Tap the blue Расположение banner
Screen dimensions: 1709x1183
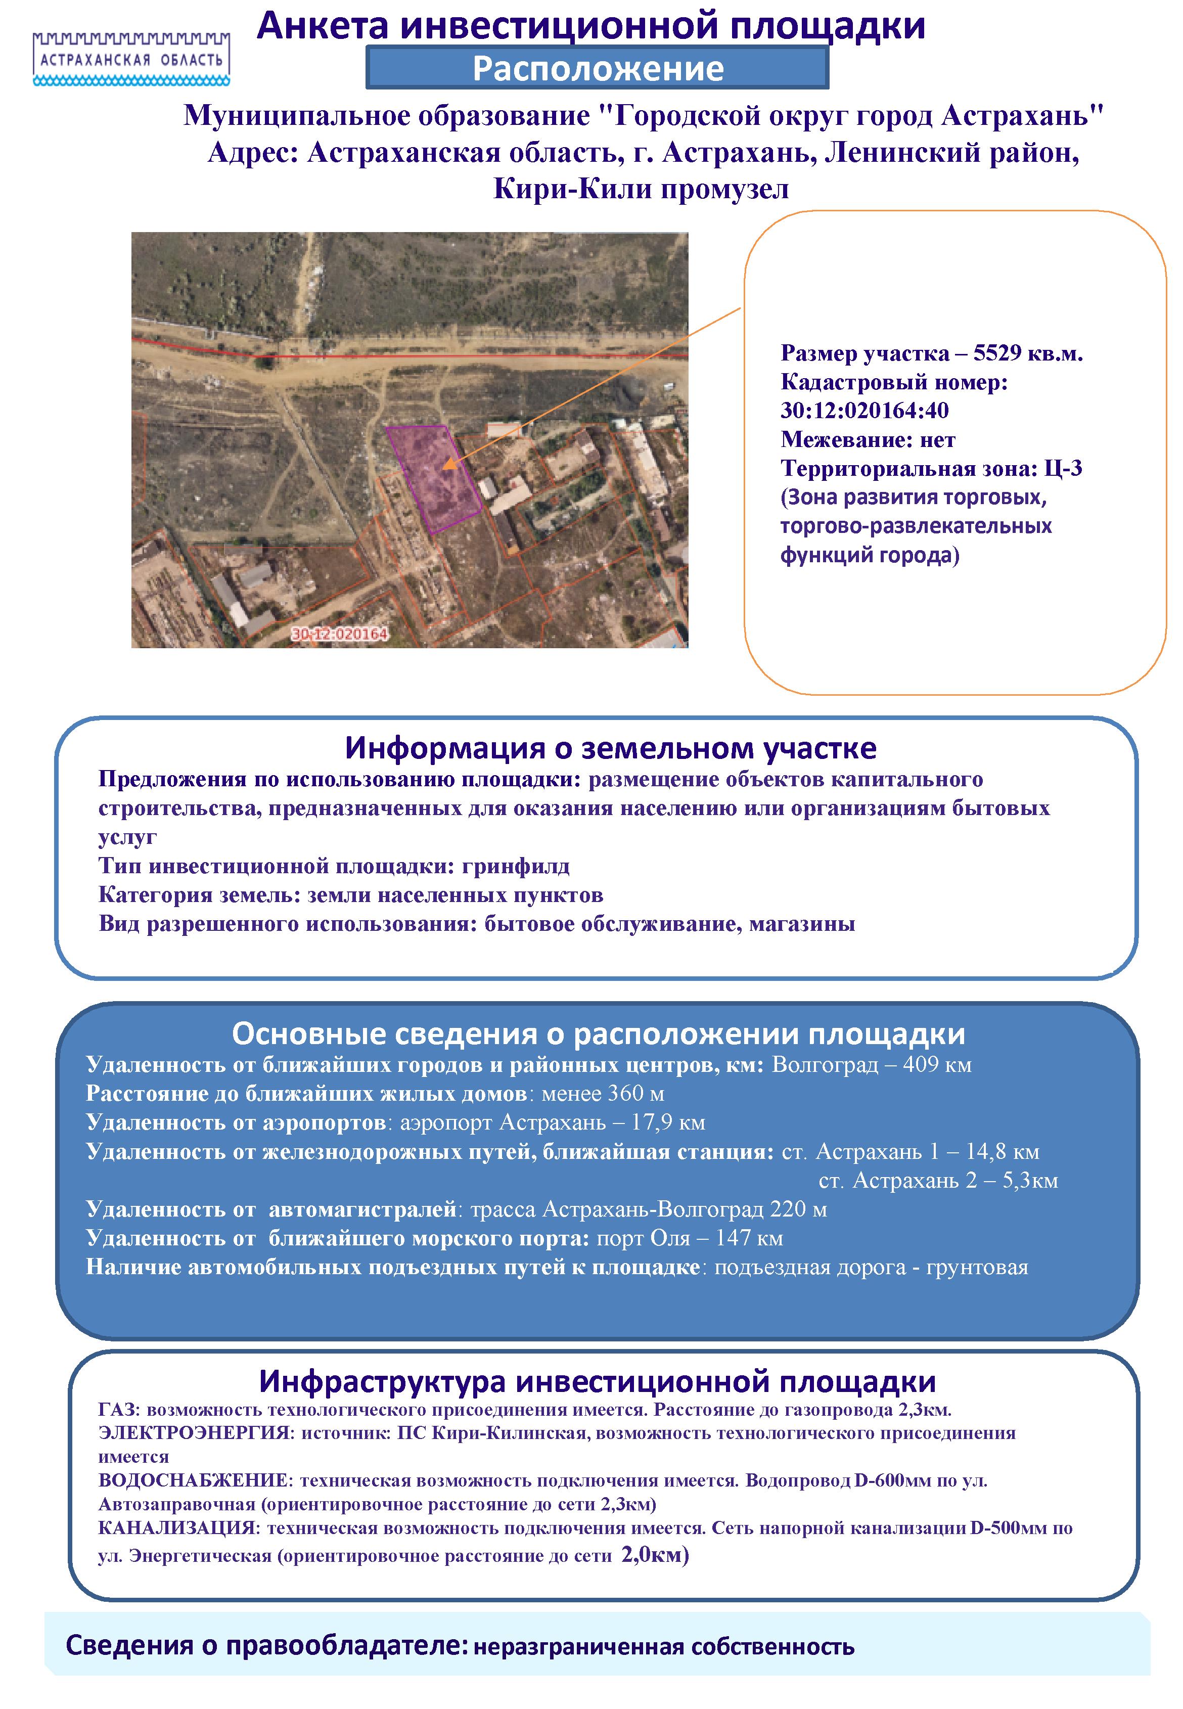[x=598, y=68]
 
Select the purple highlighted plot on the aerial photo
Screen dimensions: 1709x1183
[x=434, y=478]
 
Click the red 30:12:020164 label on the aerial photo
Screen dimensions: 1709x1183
[x=340, y=635]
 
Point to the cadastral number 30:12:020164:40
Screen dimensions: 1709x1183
[x=864, y=411]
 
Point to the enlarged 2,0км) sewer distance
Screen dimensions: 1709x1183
[x=655, y=1554]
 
